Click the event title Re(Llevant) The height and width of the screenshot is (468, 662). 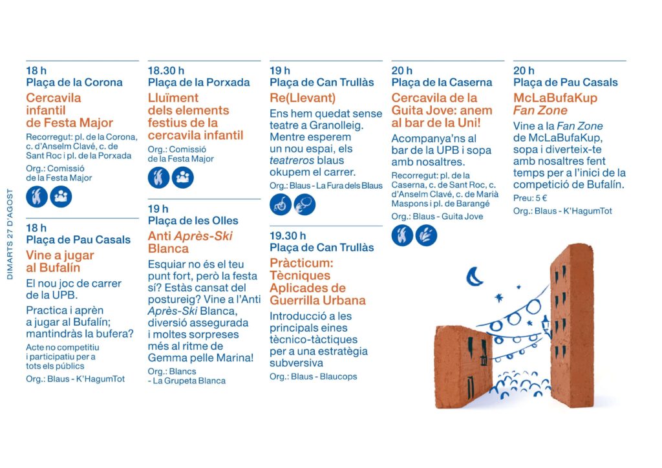tap(303, 98)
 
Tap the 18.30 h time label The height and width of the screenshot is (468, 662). tap(166, 70)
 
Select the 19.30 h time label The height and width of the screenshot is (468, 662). tap(288, 235)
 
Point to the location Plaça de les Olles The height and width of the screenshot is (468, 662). tap(193, 220)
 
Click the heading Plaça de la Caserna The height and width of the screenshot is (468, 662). tap(442, 82)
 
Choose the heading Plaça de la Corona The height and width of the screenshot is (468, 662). tap(74, 82)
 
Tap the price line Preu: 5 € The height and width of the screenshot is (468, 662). tap(530, 198)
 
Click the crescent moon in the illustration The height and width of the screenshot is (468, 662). tap(474, 277)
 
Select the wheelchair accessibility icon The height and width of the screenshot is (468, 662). tap(281, 205)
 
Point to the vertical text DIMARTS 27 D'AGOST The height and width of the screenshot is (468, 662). tap(10, 234)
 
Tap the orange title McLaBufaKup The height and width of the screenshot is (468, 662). tap(555, 98)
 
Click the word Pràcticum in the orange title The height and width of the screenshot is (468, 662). tap(301, 263)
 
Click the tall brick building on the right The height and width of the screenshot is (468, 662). tap(571, 326)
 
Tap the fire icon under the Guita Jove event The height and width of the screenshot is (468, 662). tap(402, 235)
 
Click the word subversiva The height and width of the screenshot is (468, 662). tap(295, 363)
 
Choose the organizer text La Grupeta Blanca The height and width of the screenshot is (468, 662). tap(189, 381)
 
